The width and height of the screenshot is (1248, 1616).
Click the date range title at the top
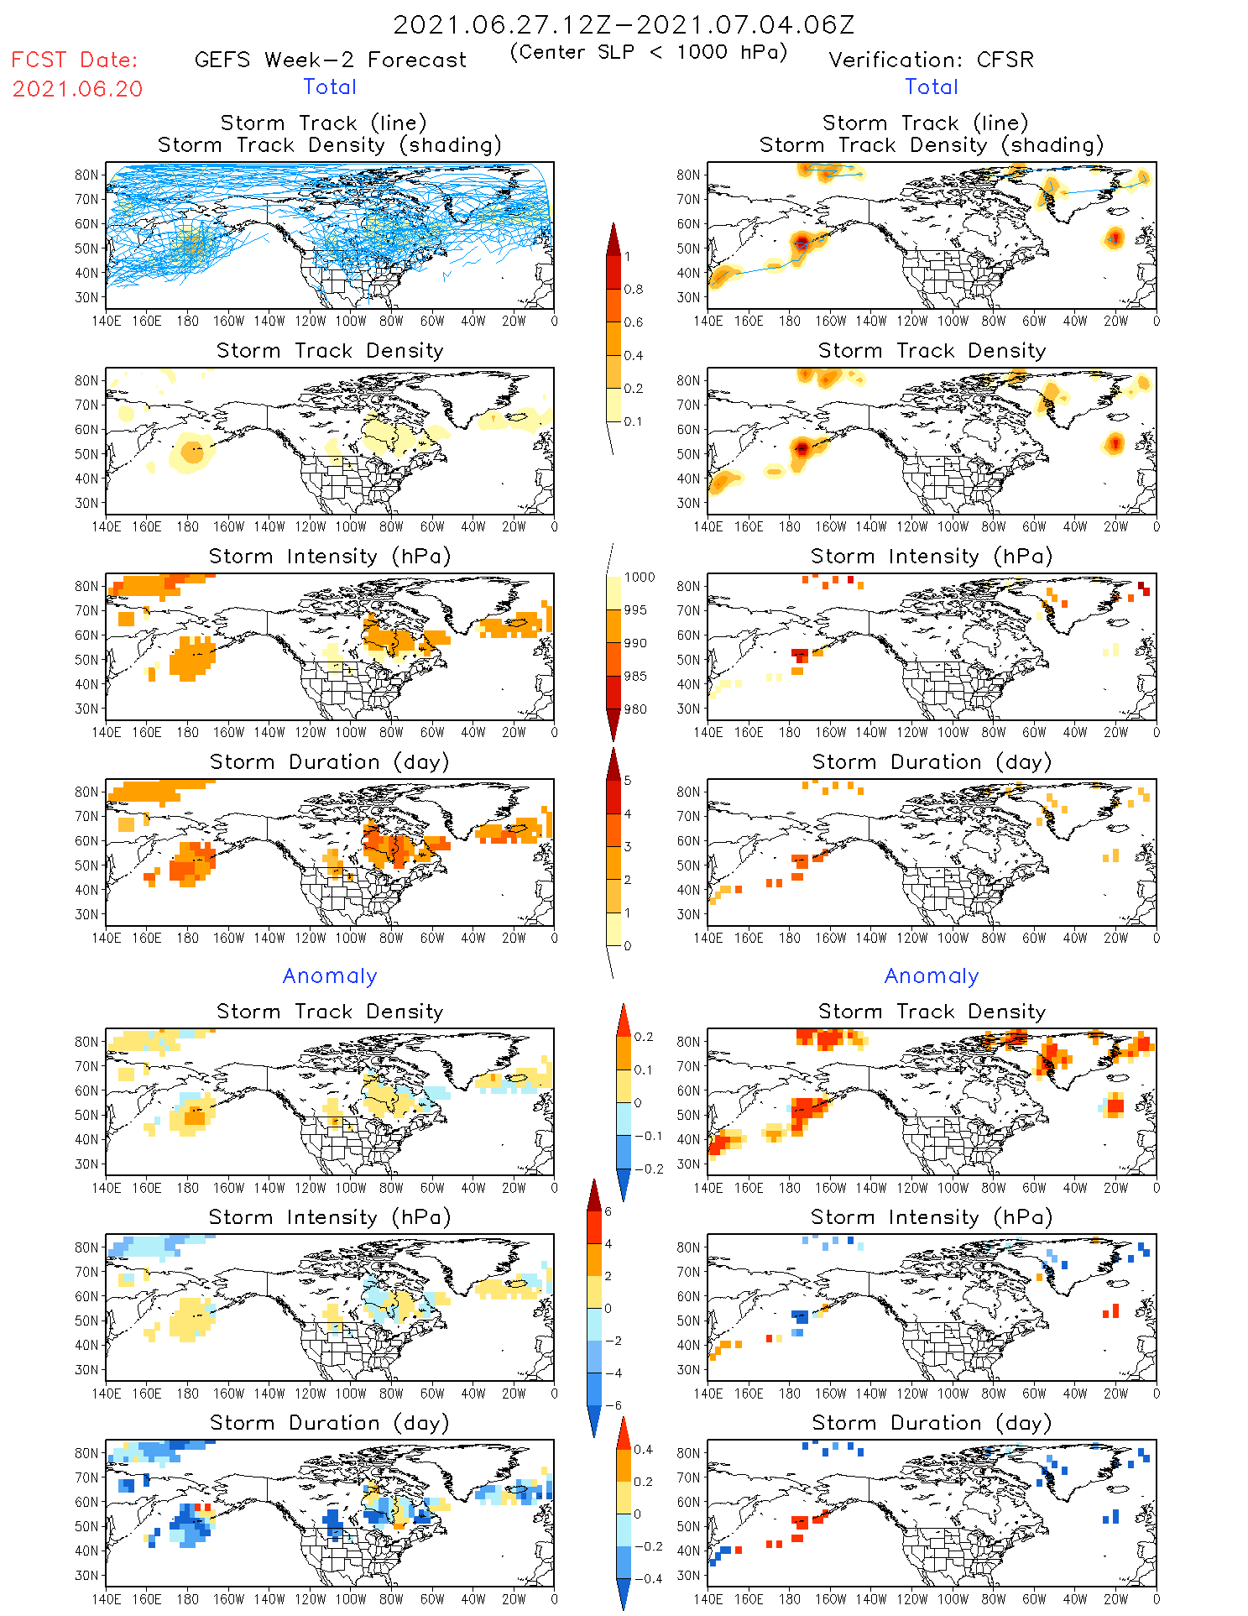pyautogui.click(x=624, y=24)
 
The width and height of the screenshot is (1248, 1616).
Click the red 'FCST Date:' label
pyautogui.click(x=74, y=60)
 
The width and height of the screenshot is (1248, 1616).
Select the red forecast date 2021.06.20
pyautogui.click(x=77, y=89)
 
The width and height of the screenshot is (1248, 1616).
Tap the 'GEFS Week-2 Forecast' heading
pyautogui.click(x=330, y=60)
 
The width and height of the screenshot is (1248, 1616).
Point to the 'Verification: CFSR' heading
pyautogui.click(x=931, y=60)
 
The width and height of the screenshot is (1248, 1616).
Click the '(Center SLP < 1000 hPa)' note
pyautogui.click(x=649, y=52)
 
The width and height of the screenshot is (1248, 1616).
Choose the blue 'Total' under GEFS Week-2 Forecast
pyautogui.click(x=330, y=87)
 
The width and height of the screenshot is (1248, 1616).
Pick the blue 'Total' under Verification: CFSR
pyautogui.click(x=931, y=87)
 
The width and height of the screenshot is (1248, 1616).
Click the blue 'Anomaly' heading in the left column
pyautogui.click(x=330, y=976)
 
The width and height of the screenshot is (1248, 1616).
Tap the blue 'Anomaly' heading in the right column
pyautogui.click(x=932, y=976)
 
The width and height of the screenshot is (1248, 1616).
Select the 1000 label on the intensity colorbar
pyautogui.click(x=639, y=578)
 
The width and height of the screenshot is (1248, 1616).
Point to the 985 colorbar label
pyautogui.click(x=635, y=677)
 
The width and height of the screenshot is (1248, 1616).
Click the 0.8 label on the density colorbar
pyautogui.click(x=634, y=290)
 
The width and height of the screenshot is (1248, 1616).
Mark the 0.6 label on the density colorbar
pyautogui.click(x=634, y=322)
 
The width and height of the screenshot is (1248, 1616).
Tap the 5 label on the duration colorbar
pyautogui.click(x=628, y=781)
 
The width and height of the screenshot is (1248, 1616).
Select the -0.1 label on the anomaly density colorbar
pyautogui.click(x=648, y=1136)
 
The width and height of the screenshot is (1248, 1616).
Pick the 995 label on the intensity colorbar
pyautogui.click(x=635, y=610)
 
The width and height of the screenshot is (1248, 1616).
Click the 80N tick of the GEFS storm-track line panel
pyautogui.click(x=86, y=175)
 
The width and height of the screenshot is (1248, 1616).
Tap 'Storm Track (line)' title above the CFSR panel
pyautogui.click(x=925, y=123)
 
